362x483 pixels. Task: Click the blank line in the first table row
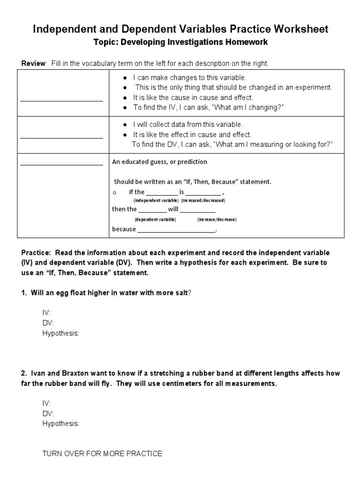(62, 100)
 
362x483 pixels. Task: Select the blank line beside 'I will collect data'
(62, 137)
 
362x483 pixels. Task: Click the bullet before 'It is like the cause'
(124, 98)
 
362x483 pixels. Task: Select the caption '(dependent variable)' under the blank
(155, 220)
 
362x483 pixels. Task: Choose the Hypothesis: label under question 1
(61, 333)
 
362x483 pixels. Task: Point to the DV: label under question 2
(48, 413)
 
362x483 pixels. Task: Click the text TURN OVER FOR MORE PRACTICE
(102, 454)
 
